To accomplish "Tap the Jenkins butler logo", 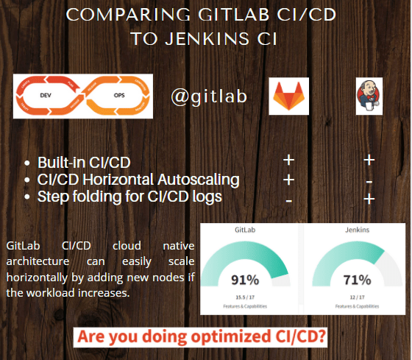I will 369,96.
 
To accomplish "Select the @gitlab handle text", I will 209,96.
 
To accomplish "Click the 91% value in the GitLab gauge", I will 245,280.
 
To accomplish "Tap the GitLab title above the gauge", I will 245,230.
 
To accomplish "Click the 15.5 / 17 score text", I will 245,297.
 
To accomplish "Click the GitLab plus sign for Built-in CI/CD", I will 288,160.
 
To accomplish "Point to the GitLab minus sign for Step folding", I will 288,200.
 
